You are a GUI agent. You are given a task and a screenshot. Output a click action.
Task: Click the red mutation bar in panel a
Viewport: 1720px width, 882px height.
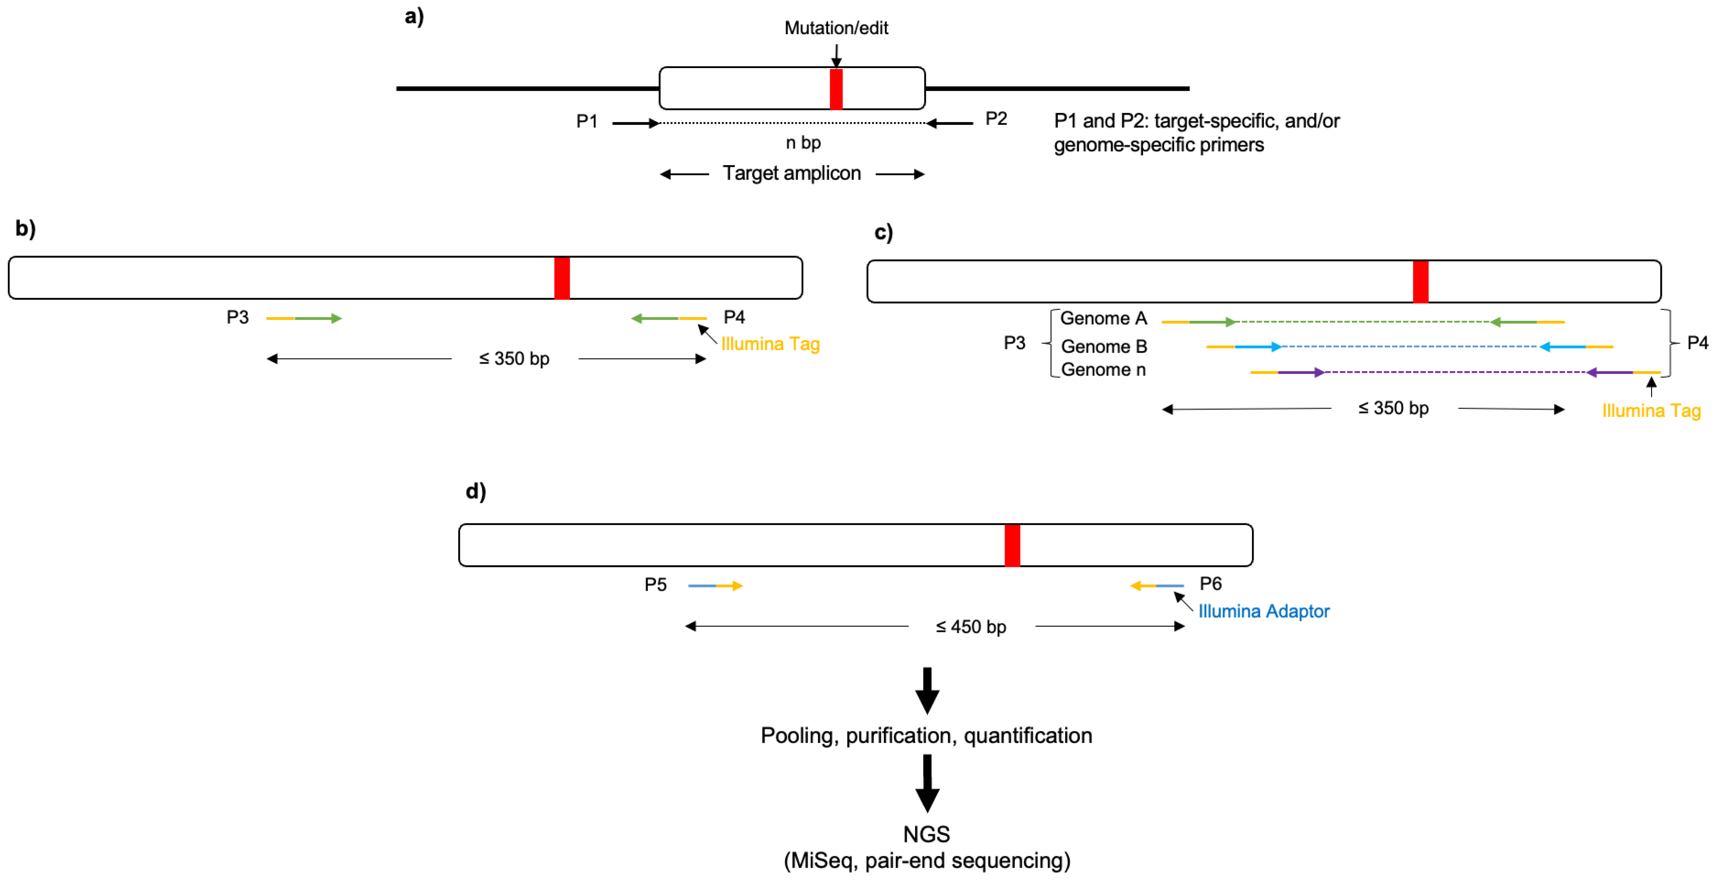(836, 89)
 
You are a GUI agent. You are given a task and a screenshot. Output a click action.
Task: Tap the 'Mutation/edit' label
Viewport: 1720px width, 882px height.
(836, 28)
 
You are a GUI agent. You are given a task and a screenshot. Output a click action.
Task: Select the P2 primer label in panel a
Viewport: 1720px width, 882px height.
(996, 119)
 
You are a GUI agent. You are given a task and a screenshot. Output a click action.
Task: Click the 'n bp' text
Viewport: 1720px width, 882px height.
(803, 143)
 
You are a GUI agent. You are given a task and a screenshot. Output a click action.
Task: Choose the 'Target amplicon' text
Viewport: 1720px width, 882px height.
(792, 174)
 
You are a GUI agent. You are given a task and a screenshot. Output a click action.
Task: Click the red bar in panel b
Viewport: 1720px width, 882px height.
(562, 278)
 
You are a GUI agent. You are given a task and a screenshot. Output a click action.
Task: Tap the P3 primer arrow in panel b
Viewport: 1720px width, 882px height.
(304, 318)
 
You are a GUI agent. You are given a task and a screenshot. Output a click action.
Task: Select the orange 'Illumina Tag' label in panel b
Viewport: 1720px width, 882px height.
(771, 345)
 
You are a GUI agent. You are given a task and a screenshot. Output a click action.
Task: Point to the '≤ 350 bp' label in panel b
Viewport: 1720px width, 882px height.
(514, 359)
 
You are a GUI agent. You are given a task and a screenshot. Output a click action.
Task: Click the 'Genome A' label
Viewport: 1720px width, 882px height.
(1104, 318)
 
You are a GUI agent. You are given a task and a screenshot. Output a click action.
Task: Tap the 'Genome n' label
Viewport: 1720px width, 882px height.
(1104, 370)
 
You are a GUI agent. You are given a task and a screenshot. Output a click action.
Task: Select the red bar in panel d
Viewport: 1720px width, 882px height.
(1012, 546)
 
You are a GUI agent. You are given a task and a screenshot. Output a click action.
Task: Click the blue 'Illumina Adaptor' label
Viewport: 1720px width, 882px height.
(1264, 612)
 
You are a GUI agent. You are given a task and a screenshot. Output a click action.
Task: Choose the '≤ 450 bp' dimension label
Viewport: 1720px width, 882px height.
(971, 627)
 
